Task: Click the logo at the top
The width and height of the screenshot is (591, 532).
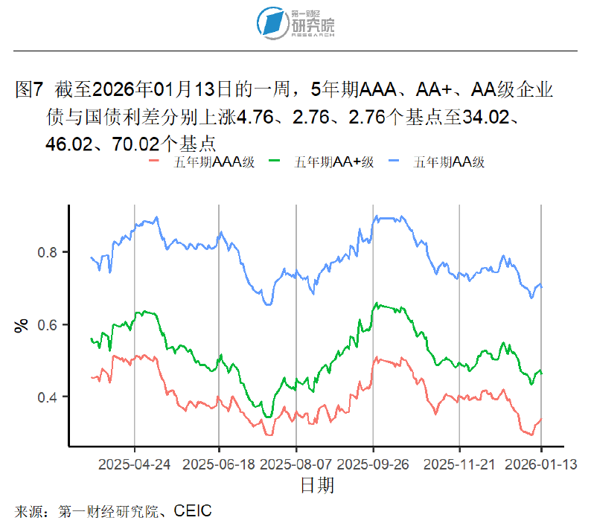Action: coord(295,22)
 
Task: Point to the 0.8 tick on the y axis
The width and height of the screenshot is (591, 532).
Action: coord(47,252)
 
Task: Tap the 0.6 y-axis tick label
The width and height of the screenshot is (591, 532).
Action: coord(47,324)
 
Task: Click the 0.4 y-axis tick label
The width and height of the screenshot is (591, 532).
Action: coord(47,397)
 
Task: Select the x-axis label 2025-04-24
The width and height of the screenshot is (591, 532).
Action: coord(135,464)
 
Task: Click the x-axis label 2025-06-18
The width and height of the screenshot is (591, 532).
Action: coord(219,464)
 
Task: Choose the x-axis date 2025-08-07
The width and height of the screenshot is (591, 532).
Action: coord(296,464)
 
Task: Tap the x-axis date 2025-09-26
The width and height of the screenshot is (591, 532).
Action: coord(373,464)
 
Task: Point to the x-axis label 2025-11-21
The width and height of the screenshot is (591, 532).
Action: coord(459,464)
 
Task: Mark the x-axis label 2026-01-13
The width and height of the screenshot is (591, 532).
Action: coord(541,464)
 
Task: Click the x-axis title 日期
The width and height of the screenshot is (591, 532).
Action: coord(316,486)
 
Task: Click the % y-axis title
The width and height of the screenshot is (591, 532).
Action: coord(22,325)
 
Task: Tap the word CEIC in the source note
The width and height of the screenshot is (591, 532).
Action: coord(193,511)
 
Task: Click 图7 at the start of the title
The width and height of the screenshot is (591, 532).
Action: coord(31,91)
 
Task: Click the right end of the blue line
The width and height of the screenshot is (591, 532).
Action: coord(542,286)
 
